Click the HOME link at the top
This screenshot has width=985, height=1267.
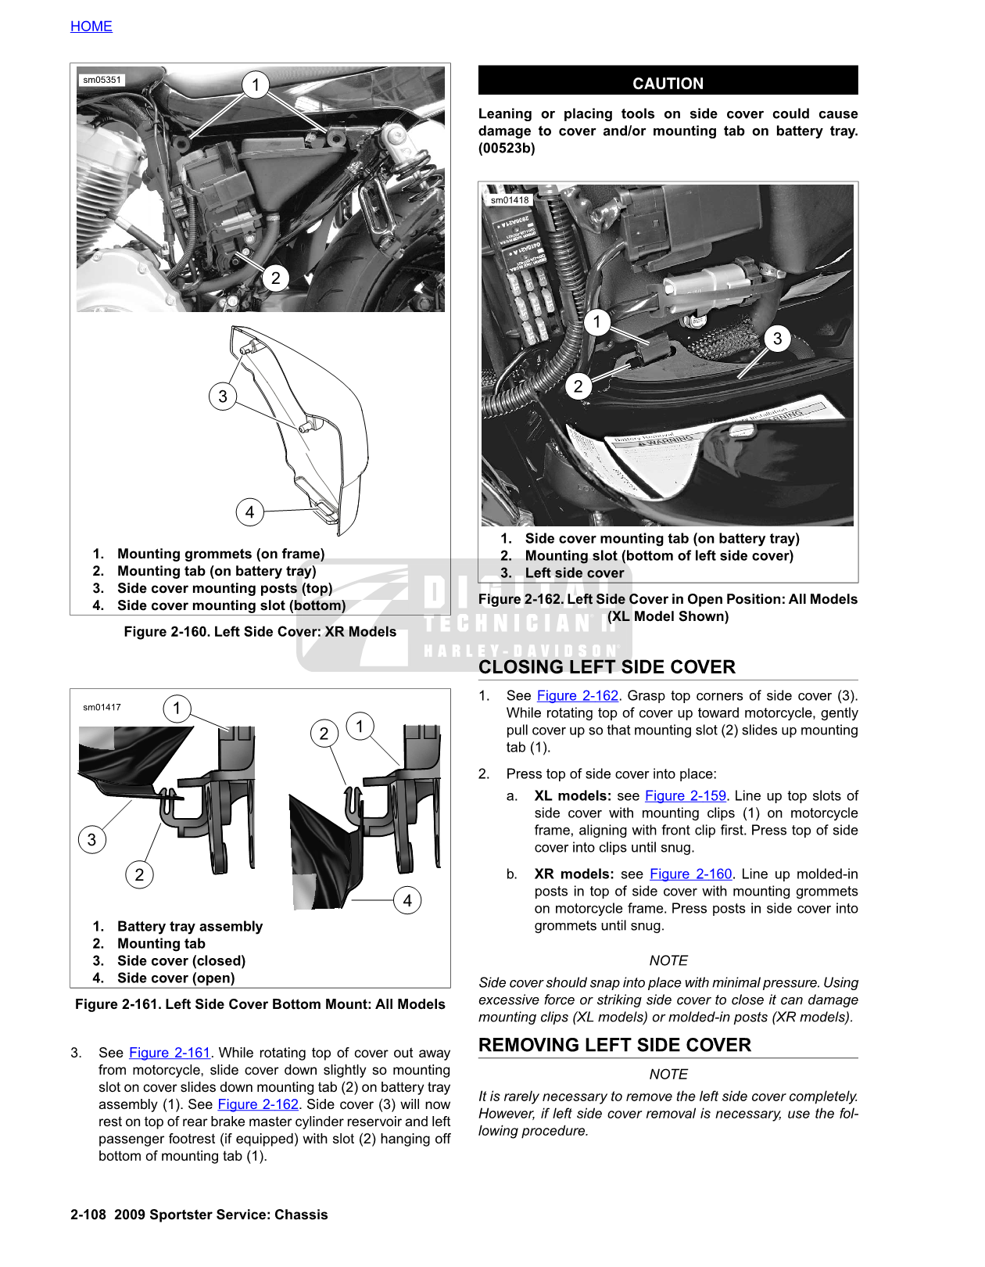[x=91, y=27]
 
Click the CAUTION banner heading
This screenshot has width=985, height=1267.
[x=668, y=83]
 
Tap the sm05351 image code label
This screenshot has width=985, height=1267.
[x=102, y=80]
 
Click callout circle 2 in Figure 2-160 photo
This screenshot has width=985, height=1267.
[x=275, y=278]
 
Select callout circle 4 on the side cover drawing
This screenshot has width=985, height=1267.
[x=249, y=512]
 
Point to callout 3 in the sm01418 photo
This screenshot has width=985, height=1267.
[x=777, y=339]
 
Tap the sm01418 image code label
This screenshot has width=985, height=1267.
[x=510, y=200]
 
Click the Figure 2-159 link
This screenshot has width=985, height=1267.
[x=685, y=795]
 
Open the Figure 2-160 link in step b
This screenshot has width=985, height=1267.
[x=690, y=874]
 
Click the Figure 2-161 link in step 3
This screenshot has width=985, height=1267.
[x=170, y=1053]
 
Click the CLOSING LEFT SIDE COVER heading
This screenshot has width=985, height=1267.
[x=607, y=667]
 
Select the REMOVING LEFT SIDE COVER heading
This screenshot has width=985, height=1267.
[x=614, y=1045]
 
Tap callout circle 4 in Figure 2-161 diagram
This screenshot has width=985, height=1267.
[x=407, y=900]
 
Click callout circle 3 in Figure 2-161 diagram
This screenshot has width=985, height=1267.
[x=92, y=840]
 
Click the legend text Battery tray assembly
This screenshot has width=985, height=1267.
[x=190, y=926]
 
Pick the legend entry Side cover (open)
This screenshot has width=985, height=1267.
[x=176, y=978]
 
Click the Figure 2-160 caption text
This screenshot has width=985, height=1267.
[x=260, y=632]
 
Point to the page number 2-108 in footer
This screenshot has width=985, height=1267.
[x=88, y=1215]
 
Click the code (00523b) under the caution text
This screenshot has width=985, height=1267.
[x=507, y=149]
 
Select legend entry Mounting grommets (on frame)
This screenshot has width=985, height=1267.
[x=220, y=554]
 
